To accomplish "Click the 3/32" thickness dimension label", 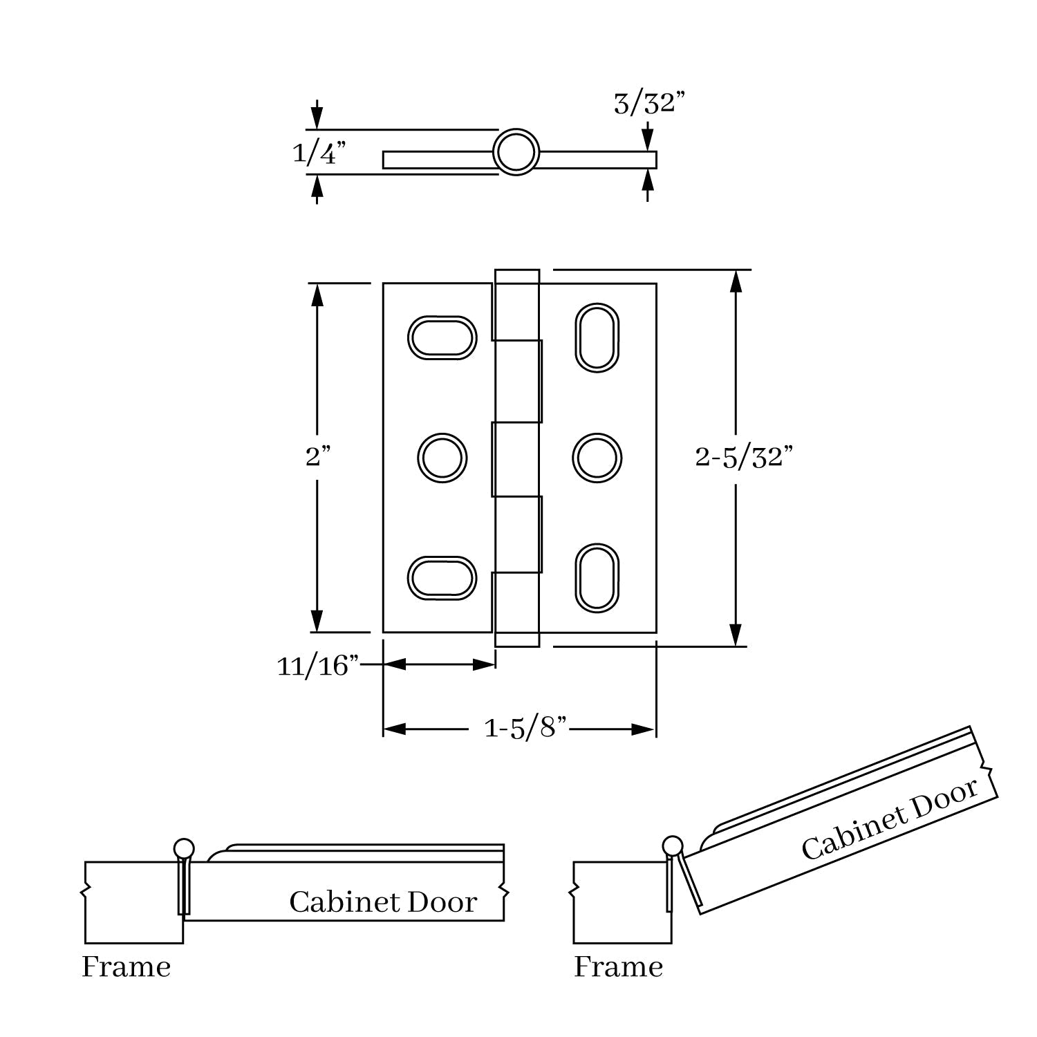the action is point(649,104).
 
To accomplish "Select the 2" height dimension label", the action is point(318,456).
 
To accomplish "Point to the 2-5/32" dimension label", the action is point(744,457).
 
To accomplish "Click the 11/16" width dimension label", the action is point(318,666).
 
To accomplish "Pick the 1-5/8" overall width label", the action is point(525,728).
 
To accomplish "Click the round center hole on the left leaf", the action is point(442,458).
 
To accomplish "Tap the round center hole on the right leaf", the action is point(597,458).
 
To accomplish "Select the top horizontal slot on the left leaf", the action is point(442,338).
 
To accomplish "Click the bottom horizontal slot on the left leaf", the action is point(442,577).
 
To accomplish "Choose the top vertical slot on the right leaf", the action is point(597,337).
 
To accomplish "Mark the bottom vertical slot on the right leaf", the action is point(597,578).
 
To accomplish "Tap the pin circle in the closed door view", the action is point(184,848).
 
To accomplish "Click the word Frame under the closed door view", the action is point(127,966).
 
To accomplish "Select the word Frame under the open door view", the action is point(619,966).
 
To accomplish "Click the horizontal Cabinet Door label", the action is point(383,902).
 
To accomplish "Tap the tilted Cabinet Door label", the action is point(890,820).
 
